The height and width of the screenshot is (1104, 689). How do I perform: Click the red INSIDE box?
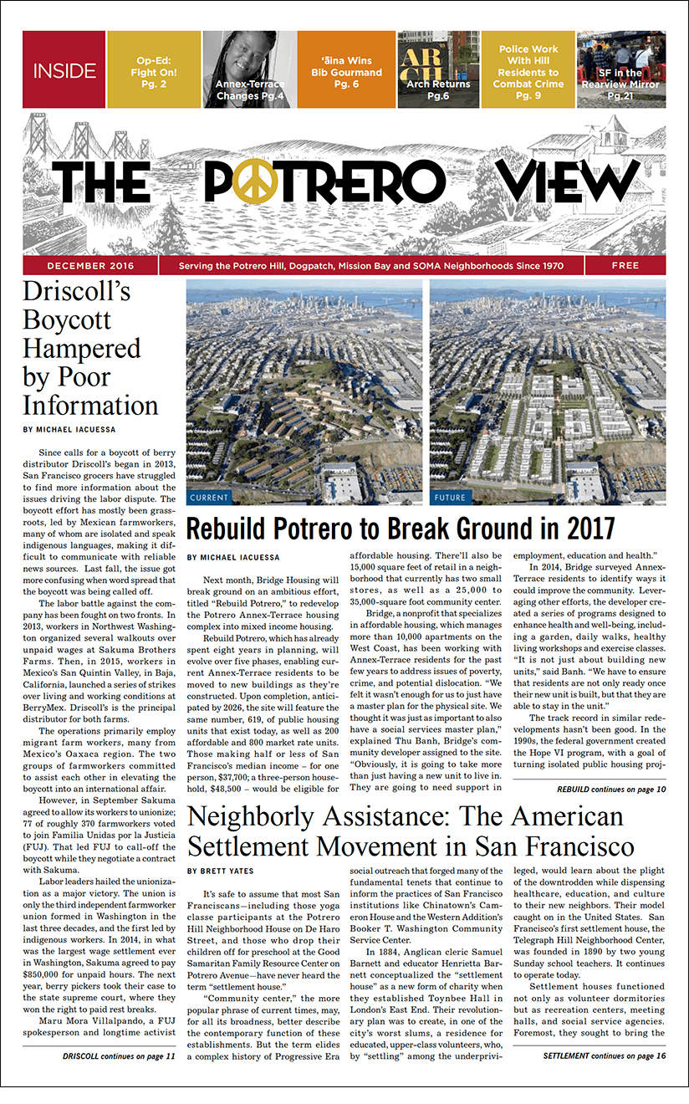pyautogui.click(x=64, y=70)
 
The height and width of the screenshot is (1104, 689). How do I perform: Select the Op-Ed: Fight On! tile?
pyautogui.click(x=153, y=70)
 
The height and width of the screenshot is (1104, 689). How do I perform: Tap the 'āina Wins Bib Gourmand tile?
pyautogui.click(x=346, y=70)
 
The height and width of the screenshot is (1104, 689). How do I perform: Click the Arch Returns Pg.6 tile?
pyautogui.click(x=438, y=70)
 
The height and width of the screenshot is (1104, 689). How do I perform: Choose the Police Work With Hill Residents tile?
pyautogui.click(x=528, y=70)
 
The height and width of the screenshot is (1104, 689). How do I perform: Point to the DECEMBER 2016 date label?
pyautogui.click(x=89, y=266)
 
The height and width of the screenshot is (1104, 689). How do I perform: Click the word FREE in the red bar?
pyautogui.click(x=625, y=266)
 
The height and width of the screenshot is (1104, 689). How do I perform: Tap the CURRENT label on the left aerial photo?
pyautogui.click(x=208, y=498)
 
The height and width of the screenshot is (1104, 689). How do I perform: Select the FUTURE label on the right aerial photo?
pyautogui.click(x=450, y=498)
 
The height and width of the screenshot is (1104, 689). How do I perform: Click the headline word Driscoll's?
pyautogui.click(x=77, y=293)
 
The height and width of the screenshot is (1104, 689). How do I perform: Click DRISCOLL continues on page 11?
pyautogui.click(x=119, y=1056)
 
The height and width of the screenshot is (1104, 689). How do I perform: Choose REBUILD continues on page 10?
pyautogui.click(x=610, y=790)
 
